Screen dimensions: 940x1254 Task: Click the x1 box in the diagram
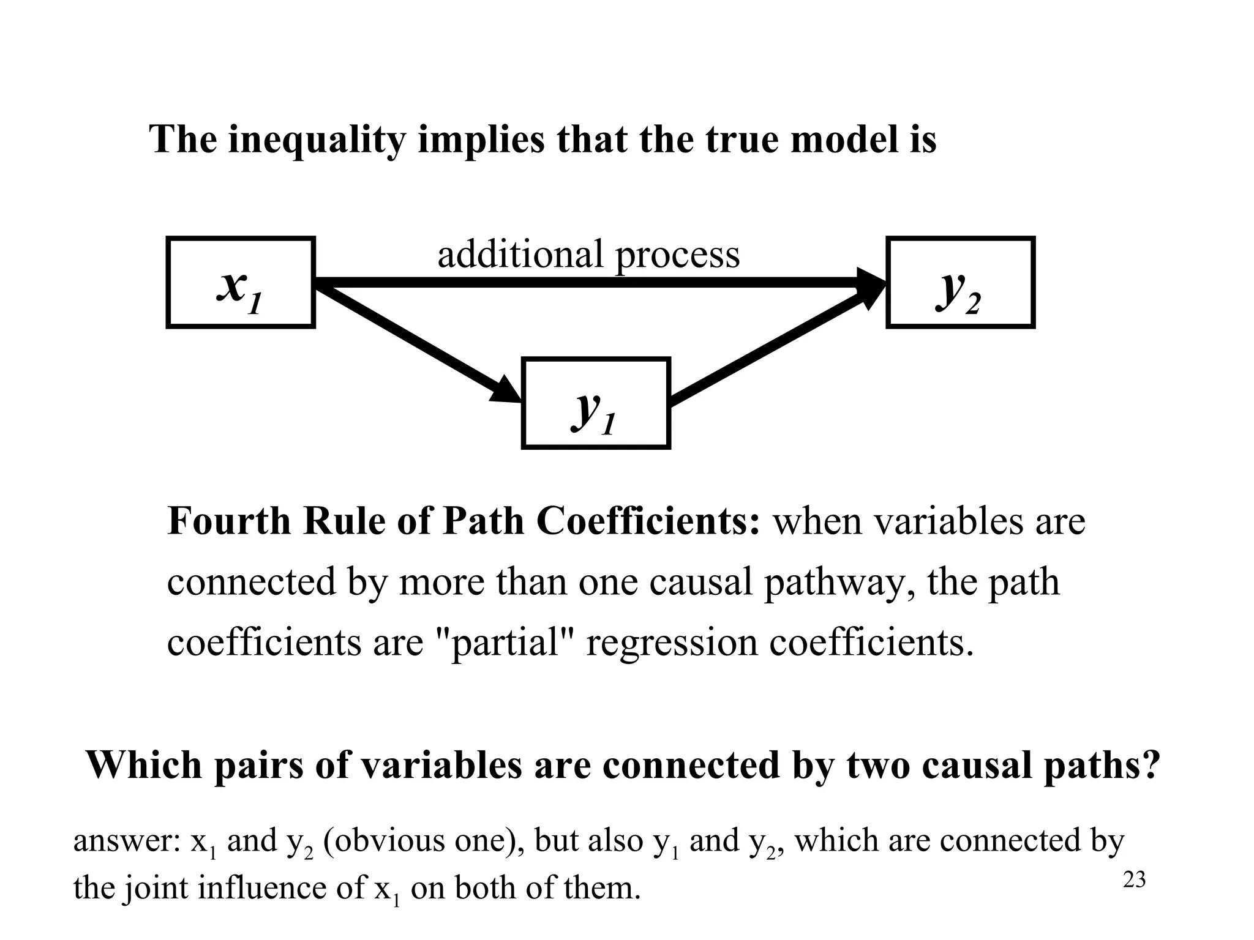[x=241, y=283]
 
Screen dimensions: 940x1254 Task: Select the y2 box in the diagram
[x=960, y=283]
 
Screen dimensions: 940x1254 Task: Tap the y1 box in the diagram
[x=595, y=403]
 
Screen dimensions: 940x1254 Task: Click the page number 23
[x=1134, y=880]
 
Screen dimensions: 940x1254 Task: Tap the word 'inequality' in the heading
[x=317, y=140]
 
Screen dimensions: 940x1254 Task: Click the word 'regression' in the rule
[x=671, y=643]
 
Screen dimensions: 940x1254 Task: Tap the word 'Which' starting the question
[x=144, y=765]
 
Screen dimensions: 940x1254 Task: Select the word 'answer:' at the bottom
[x=126, y=841]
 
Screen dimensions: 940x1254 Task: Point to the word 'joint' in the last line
[x=156, y=889]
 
